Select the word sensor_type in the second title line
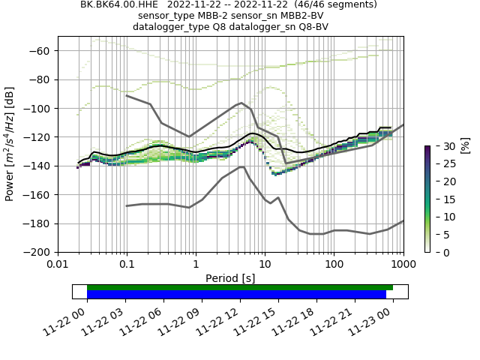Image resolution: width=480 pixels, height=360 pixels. [x=165, y=16]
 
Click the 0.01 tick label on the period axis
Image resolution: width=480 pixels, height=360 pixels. [x=58, y=264]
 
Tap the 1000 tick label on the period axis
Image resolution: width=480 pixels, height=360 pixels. [x=403, y=264]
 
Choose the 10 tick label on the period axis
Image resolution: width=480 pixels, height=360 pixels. [x=265, y=264]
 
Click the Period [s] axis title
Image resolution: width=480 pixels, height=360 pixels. [x=230, y=278]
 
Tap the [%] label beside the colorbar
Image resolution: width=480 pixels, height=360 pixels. [x=464, y=145]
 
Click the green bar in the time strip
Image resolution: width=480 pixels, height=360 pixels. [x=240, y=287]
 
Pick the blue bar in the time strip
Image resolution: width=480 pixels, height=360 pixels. [x=236, y=294]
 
